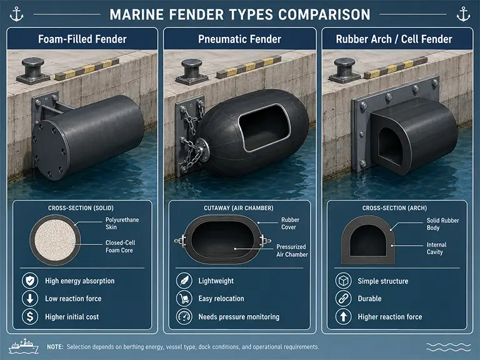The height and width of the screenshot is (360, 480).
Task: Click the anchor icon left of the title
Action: tap(16, 14)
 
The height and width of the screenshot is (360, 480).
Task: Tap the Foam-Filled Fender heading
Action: tap(82, 39)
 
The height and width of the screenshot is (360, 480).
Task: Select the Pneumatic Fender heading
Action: tap(239, 39)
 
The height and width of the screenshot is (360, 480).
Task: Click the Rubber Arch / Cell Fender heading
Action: tap(394, 39)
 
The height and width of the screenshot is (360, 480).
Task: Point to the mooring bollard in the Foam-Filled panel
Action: tap(32, 71)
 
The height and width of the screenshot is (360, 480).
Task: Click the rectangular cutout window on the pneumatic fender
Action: tap(264, 127)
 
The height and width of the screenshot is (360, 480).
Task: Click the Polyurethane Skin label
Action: tap(122, 224)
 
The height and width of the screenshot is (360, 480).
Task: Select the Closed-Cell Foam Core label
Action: tap(120, 246)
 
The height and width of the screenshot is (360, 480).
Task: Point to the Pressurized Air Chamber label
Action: tap(292, 251)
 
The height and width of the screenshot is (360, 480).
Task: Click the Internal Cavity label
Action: tap(436, 248)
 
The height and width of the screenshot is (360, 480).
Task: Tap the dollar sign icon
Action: tap(30, 316)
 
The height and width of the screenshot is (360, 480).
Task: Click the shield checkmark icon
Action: tap(30, 281)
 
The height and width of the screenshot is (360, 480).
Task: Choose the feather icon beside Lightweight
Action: tap(184, 281)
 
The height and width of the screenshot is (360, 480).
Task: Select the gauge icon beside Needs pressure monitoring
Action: tap(184, 316)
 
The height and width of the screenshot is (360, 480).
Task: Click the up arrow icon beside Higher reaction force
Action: tap(344, 316)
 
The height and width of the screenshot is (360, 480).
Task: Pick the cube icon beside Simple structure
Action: tap(344, 281)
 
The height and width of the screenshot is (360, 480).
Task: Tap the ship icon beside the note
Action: tap(24, 346)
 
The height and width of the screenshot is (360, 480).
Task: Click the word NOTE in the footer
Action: tap(55, 347)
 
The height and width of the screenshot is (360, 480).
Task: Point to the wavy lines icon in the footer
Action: tap(449, 347)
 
